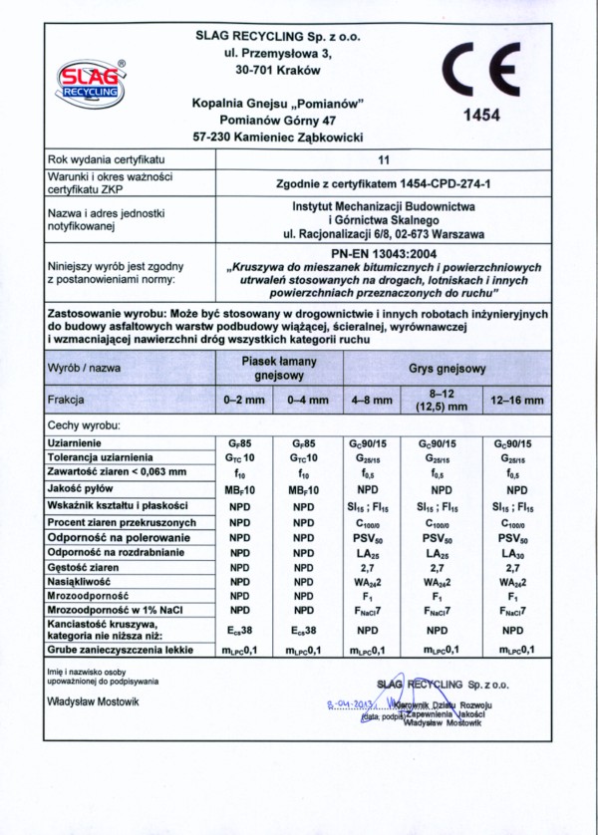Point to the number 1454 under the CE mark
tap(481, 116)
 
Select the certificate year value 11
tap(385, 158)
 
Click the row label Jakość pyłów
tap(84, 489)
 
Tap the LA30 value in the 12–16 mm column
tap(514, 553)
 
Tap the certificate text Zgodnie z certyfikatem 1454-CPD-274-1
tap(385, 183)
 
